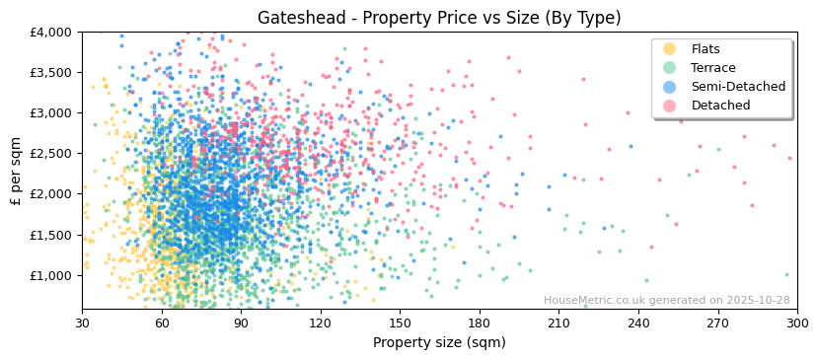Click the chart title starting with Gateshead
(x=439, y=18)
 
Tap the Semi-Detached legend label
(x=738, y=87)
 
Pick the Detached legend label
(x=720, y=106)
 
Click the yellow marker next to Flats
(x=669, y=49)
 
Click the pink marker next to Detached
(x=669, y=106)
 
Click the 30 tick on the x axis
(x=82, y=323)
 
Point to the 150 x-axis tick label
(x=400, y=323)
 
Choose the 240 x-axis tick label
(x=638, y=323)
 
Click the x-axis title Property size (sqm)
(x=439, y=342)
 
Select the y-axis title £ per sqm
(x=16, y=172)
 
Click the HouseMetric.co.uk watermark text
(x=666, y=301)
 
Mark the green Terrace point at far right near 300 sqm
(x=786, y=275)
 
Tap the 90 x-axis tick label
(x=241, y=323)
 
